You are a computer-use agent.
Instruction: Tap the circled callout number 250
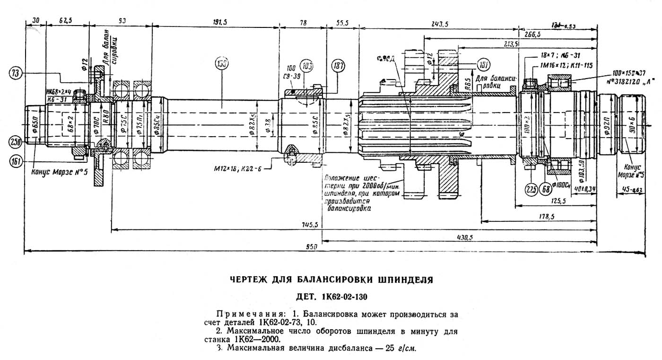(16, 141)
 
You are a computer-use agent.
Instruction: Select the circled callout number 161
(16, 162)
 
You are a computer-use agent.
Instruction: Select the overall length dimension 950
(311, 247)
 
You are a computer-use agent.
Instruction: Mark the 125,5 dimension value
(558, 201)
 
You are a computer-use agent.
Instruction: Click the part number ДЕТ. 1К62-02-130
(331, 297)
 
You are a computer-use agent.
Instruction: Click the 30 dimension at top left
(35, 20)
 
